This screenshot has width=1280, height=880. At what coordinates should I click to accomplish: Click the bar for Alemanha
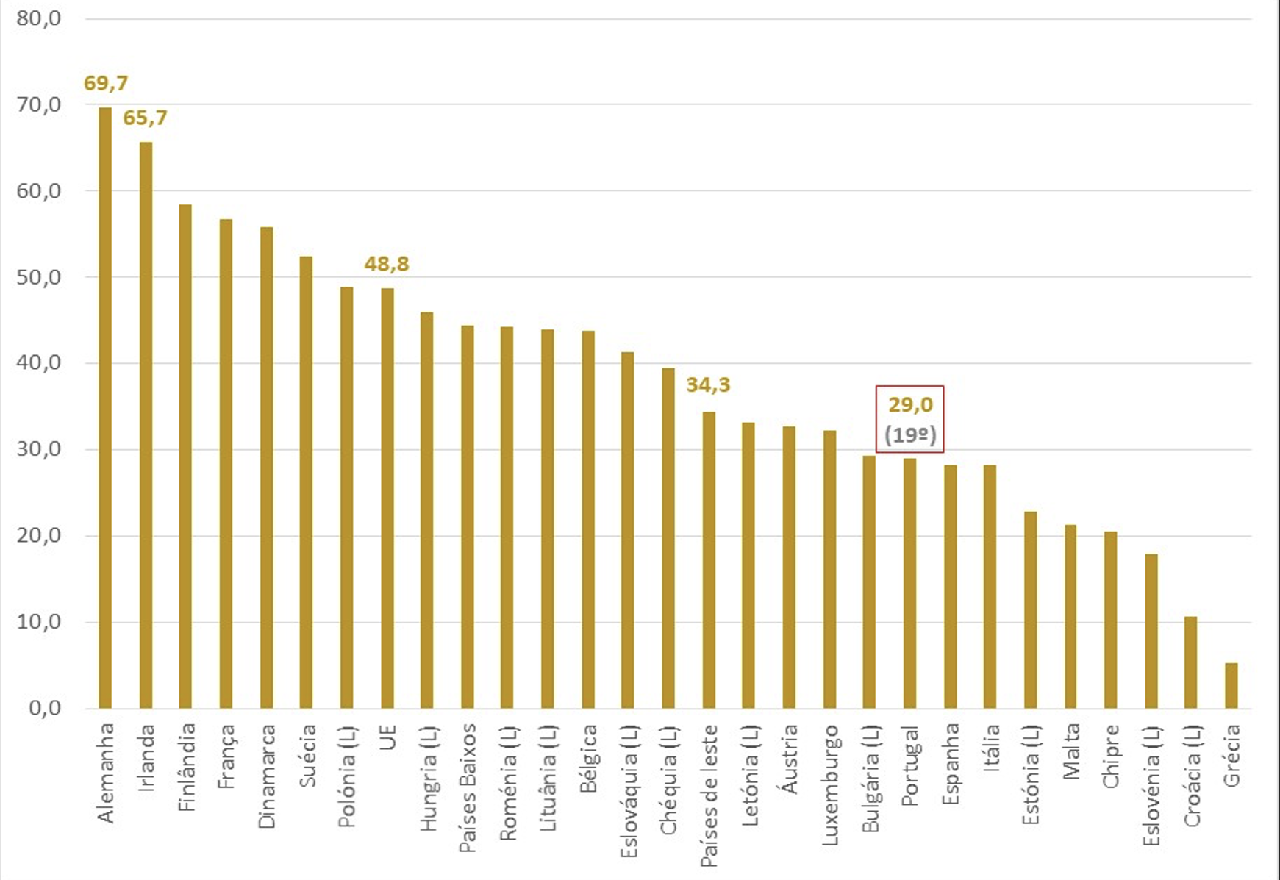(x=105, y=408)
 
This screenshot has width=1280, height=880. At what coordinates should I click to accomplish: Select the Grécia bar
(x=1231, y=686)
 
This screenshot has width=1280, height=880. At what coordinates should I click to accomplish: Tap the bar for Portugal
(x=909, y=584)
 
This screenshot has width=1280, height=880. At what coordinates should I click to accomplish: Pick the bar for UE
(x=387, y=498)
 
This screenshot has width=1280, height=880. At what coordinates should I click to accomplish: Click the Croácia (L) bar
(x=1190, y=662)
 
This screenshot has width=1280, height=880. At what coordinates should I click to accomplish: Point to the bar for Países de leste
(x=709, y=560)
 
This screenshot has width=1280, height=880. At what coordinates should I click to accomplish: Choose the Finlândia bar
(x=185, y=457)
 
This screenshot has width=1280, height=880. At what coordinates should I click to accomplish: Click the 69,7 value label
(x=106, y=83)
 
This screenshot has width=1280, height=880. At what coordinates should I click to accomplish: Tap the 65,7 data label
(x=146, y=118)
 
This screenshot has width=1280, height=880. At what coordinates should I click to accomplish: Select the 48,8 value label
(x=387, y=263)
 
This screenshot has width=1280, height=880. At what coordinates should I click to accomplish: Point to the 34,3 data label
(x=708, y=384)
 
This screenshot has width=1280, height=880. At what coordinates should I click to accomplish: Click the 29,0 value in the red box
(x=910, y=404)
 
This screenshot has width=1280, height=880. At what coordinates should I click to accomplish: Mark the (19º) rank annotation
(x=910, y=435)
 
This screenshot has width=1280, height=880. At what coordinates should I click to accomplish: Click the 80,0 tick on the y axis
(x=39, y=18)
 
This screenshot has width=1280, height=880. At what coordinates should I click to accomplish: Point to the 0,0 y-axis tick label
(x=45, y=708)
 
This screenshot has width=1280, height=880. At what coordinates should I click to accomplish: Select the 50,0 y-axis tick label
(x=39, y=277)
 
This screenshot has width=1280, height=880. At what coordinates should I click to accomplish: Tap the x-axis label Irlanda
(x=146, y=757)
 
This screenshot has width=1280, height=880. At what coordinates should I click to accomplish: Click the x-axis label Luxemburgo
(x=829, y=784)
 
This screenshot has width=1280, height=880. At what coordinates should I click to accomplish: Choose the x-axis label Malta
(x=1070, y=751)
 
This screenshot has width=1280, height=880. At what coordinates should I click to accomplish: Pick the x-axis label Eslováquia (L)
(x=628, y=791)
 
